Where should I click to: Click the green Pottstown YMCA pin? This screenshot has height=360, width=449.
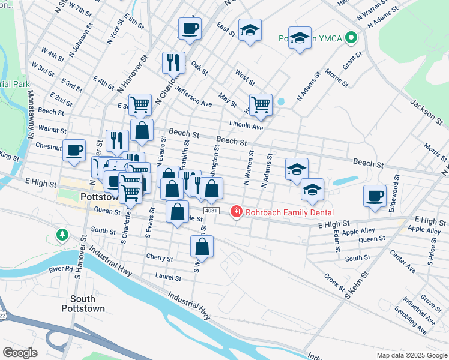353,39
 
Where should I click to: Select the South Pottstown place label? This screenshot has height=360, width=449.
87,304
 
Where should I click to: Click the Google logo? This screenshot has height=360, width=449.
20,353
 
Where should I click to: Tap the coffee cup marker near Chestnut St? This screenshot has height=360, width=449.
74,150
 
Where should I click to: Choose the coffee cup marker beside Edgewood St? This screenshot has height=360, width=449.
375,196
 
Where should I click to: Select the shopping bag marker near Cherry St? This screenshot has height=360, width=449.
202,245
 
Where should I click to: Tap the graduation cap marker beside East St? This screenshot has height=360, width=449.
250,29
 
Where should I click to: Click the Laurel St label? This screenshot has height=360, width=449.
168,278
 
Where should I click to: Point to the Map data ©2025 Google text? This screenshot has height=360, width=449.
411,355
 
